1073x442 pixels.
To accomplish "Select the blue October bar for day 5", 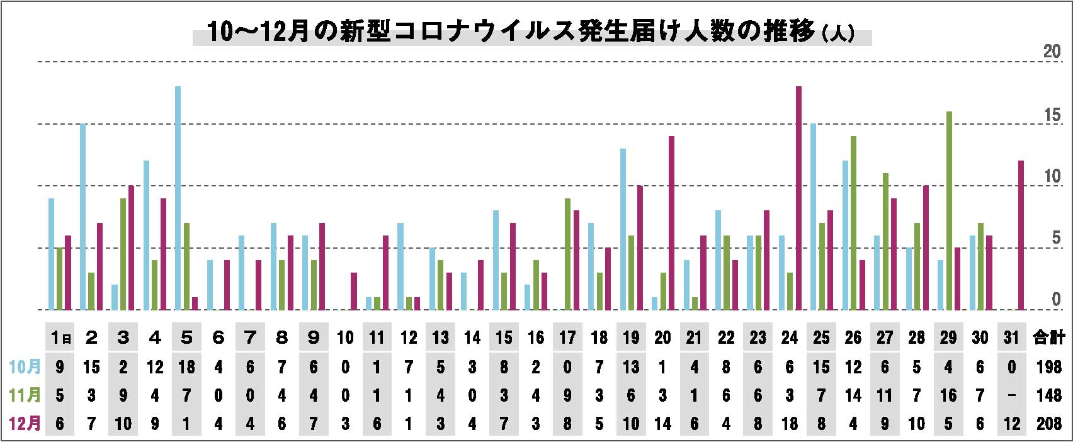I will (x=178, y=198).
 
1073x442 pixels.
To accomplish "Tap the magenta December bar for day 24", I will (x=798, y=198).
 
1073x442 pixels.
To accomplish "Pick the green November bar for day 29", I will (x=949, y=210).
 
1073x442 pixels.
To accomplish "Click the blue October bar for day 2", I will (x=83, y=217).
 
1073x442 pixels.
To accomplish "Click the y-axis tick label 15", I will (x=1052, y=115).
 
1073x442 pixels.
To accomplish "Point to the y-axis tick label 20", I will (x=1052, y=52).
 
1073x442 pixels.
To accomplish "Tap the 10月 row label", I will (x=26, y=367).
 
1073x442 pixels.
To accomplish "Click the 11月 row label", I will (x=26, y=395).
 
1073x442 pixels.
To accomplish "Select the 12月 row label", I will (x=26, y=424).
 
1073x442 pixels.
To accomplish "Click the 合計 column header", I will (x=1048, y=338).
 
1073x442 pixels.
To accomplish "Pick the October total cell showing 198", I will (x=1048, y=367).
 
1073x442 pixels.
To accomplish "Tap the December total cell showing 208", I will (x=1048, y=424).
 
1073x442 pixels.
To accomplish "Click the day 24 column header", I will (x=790, y=338).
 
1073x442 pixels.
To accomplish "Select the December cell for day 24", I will (x=790, y=424).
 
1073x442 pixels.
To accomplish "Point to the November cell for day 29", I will (x=948, y=395).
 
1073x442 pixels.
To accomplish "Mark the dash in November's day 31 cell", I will (x=1011, y=395).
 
